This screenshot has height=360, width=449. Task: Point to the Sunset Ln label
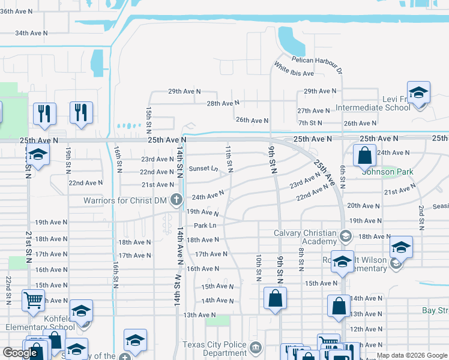coord(203,169)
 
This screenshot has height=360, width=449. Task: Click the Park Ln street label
coord(204,226)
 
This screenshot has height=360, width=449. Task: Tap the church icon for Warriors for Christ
coord(176,199)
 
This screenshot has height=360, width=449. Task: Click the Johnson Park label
coord(388,172)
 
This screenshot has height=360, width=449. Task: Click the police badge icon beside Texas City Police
coord(255,347)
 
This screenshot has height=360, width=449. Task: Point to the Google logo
coord(20,353)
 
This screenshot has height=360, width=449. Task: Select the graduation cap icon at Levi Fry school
coord(418,92)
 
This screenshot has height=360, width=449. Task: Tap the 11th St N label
coord(229,156)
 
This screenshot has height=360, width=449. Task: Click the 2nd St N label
coord(421,217)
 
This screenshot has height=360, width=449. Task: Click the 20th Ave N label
coord(364,205)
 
